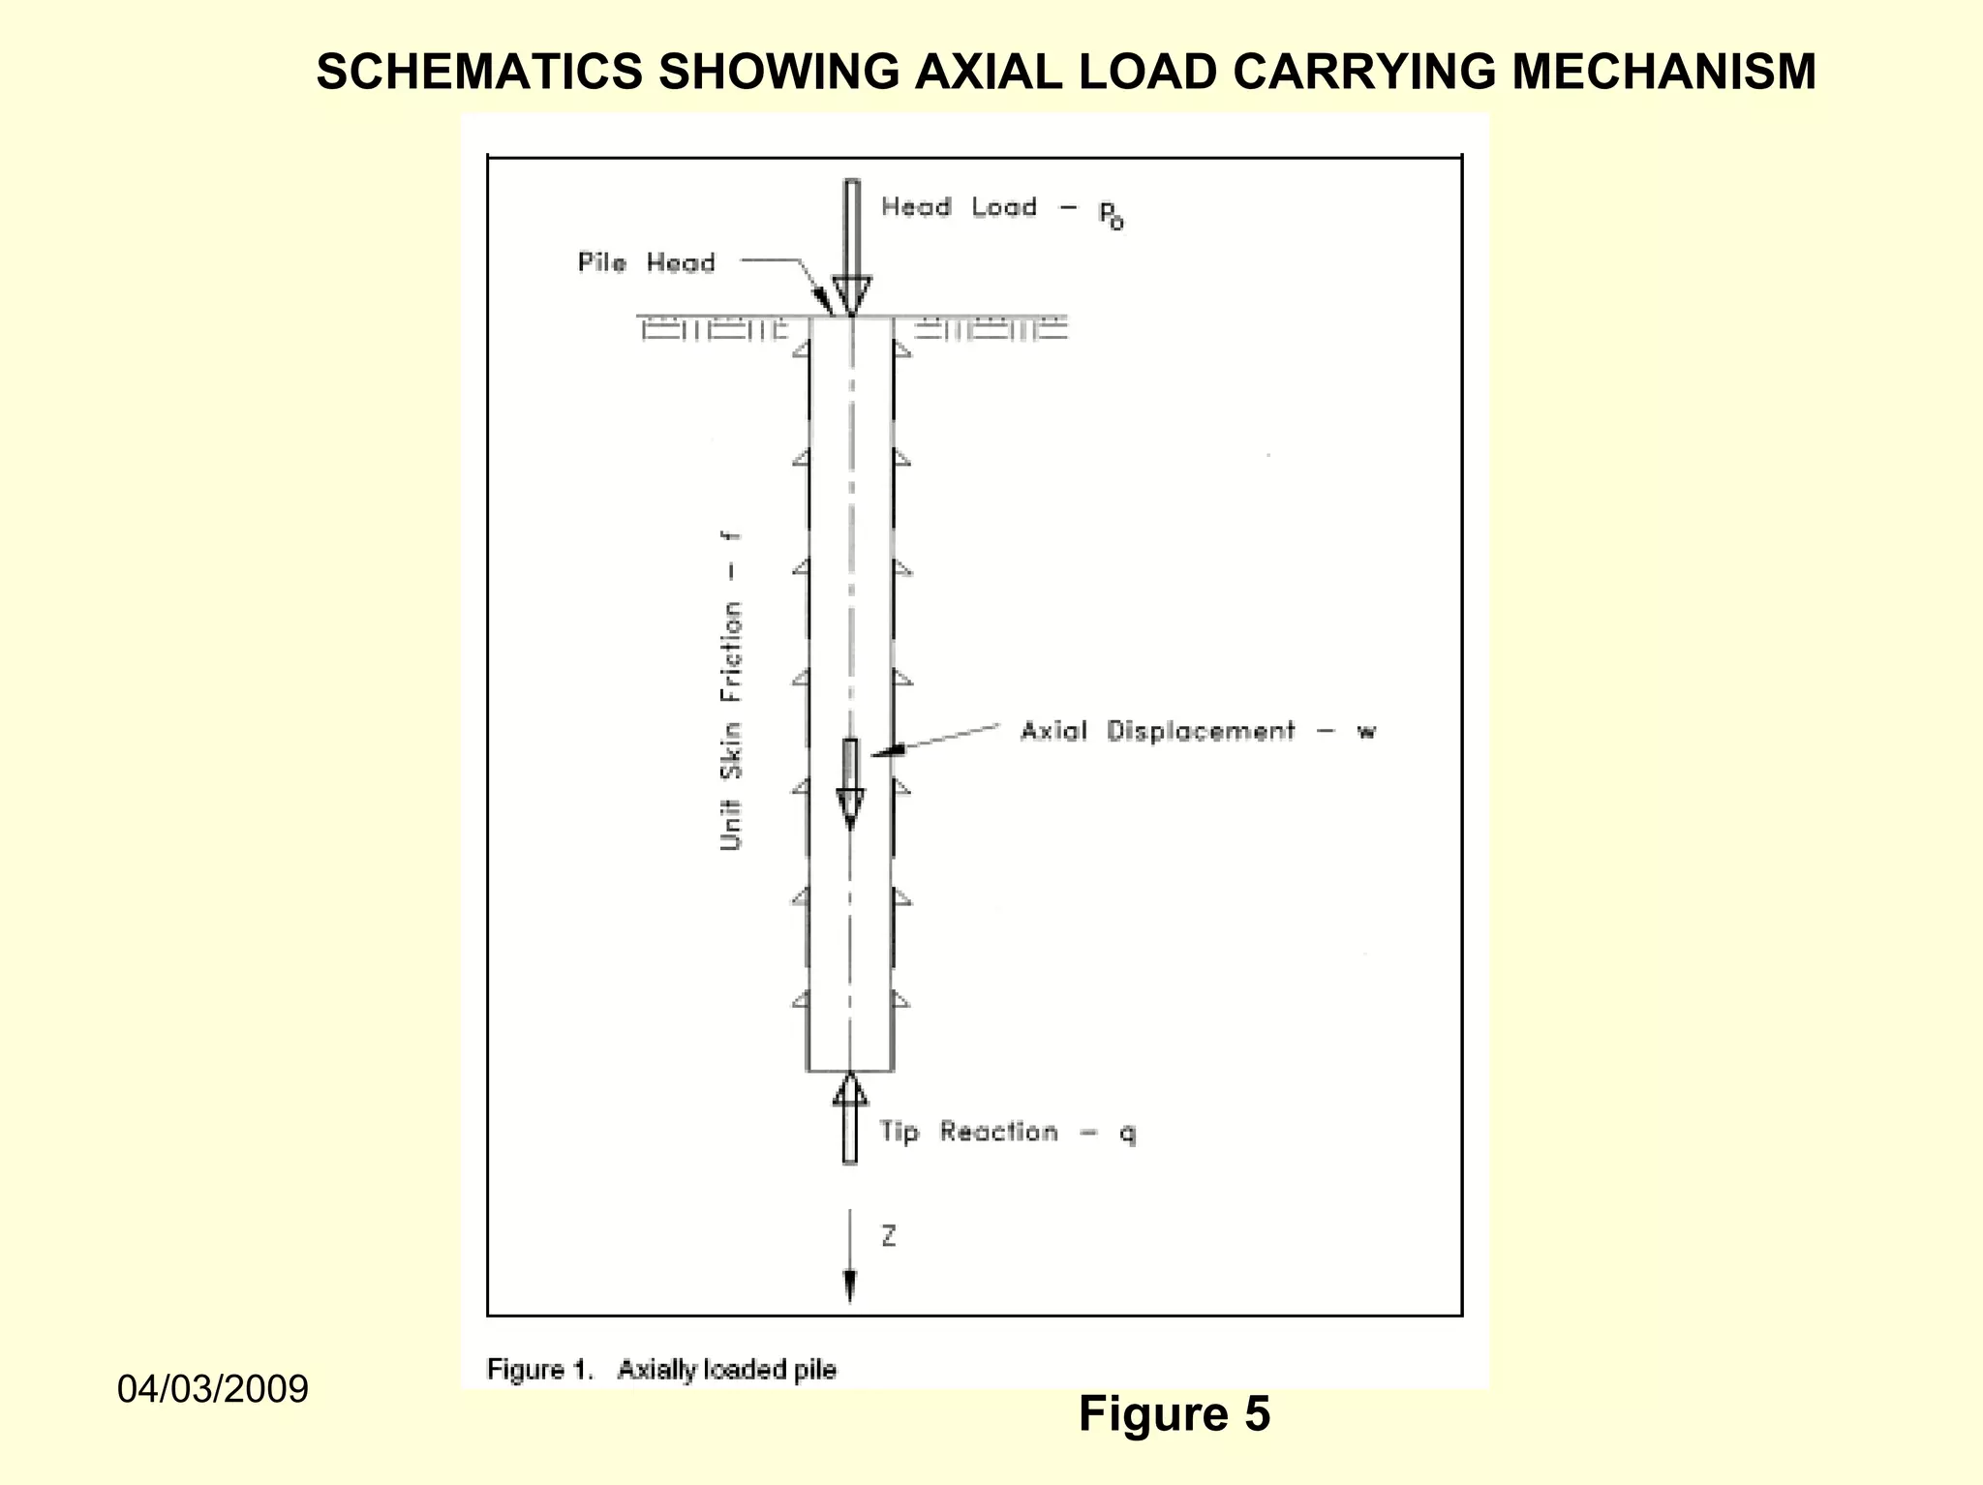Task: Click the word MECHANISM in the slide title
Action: pos(1663,72)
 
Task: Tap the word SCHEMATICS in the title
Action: pos(479,72)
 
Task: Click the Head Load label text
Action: pos(959,207)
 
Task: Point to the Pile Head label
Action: pos(646,263)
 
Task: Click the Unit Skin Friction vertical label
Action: pos(731,692)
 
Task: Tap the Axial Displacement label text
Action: pos(1157,731)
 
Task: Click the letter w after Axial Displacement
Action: pos(1365,732)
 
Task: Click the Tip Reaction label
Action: pos(968,1132)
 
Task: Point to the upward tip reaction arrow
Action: pos(850,1118)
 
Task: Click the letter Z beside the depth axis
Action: pos(888,1236)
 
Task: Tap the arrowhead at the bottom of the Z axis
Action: pos(850,1288)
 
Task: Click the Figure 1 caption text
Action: pos(661,1370)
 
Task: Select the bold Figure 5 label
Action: pos(1174,1414)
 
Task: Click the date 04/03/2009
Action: pos(213,1389)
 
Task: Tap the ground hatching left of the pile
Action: pos(715,330)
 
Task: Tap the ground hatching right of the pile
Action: pos(990,330)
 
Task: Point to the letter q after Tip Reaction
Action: pos(1128,1133)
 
